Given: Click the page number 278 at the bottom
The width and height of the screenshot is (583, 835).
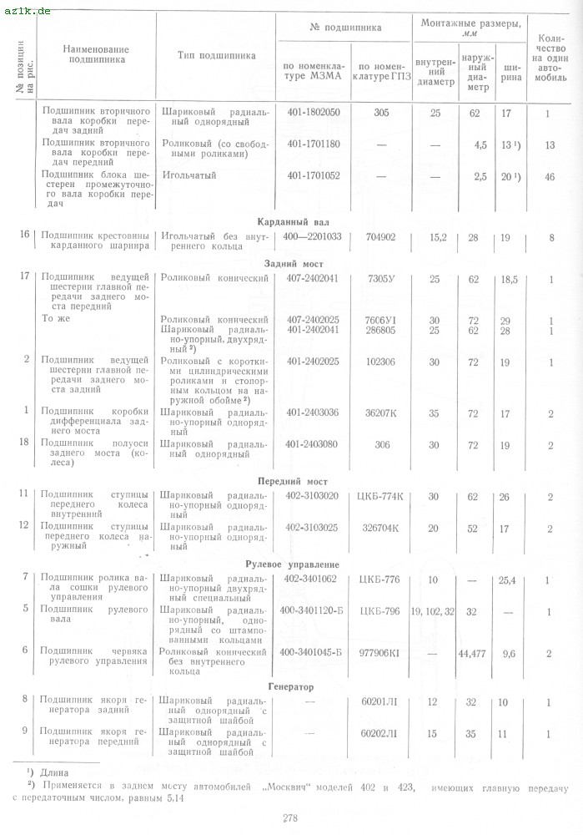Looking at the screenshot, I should [x=290, y=817].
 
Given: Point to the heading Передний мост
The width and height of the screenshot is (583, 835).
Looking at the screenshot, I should [x=292, y=482].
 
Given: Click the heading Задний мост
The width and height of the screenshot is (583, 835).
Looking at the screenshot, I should [x=292, y=263].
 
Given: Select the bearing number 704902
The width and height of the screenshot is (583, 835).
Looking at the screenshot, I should [x=380, y=237].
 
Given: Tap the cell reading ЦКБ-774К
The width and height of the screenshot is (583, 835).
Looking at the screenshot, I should [x=380, y=497].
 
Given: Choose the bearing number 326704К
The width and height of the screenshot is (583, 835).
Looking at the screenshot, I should [x=380, y=528].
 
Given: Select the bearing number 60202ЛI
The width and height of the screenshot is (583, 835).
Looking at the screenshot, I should [x=381, y=734].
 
